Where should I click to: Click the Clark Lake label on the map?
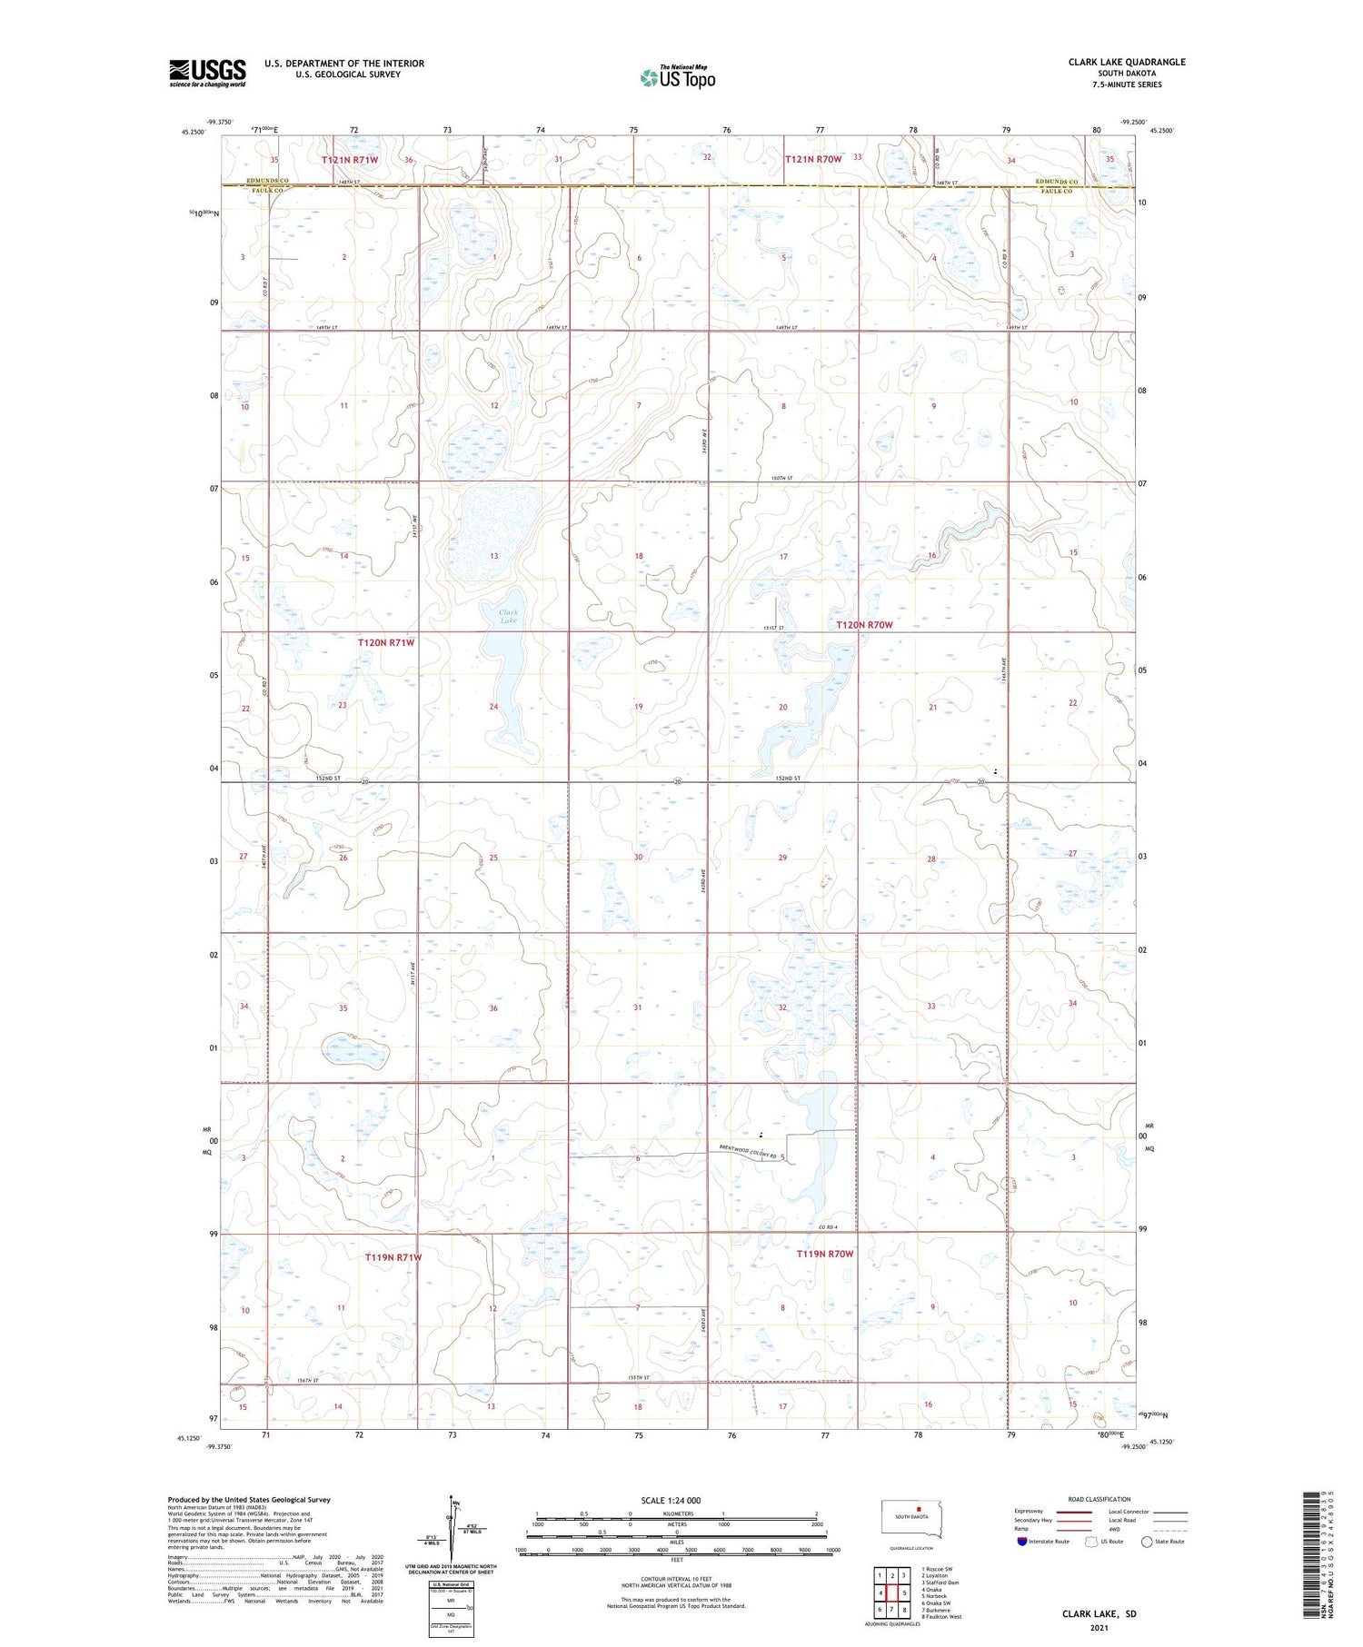point(508,616)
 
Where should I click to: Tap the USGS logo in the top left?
point(207,73)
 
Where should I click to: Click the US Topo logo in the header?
point(677,78)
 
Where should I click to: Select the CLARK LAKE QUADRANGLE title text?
point(1126,62)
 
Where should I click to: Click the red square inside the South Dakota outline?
point(918,1512)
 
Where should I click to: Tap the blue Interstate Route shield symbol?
point(1022,1542)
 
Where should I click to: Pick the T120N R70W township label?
point(864,625)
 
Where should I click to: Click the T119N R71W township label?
point(393,1257)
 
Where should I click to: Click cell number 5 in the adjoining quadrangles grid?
point(904,1592)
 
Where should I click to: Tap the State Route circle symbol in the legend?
point(1147,1542)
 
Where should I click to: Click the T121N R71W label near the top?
point(350,160)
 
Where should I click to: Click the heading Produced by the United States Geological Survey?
point(248,1500)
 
